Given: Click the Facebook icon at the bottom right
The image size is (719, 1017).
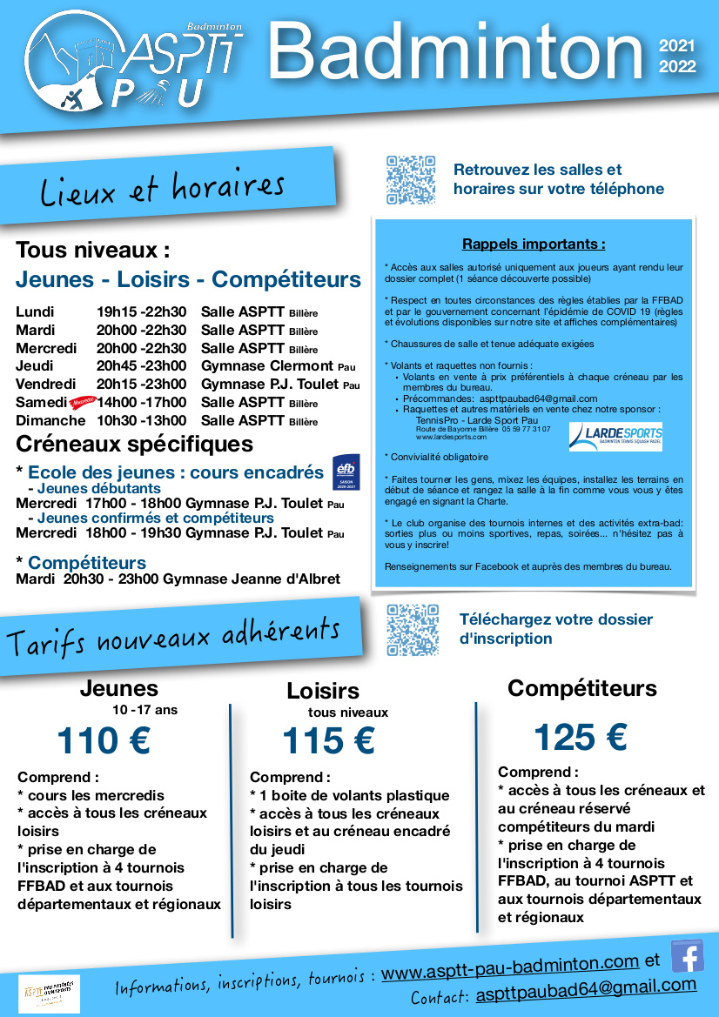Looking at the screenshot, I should (688, 955).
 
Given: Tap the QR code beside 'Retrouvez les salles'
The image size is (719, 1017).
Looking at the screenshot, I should (411, 180).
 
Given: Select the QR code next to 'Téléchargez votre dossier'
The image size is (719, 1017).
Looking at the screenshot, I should (412, 630).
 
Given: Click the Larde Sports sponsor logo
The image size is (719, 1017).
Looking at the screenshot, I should (615, 436).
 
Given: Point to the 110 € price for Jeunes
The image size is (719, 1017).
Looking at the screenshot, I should (104, 741).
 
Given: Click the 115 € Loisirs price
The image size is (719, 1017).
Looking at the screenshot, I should (328, 741).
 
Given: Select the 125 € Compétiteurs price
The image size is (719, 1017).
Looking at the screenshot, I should (580, 738).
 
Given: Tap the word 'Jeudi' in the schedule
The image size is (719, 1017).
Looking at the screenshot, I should (35, 366).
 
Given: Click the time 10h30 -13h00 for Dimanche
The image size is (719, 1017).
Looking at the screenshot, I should (141, 421).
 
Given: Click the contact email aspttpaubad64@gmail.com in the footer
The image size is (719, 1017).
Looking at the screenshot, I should (586, 987).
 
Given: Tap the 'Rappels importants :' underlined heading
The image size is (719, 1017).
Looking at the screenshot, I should (534, 244).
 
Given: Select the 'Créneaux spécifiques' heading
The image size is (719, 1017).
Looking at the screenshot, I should (135, 444).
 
